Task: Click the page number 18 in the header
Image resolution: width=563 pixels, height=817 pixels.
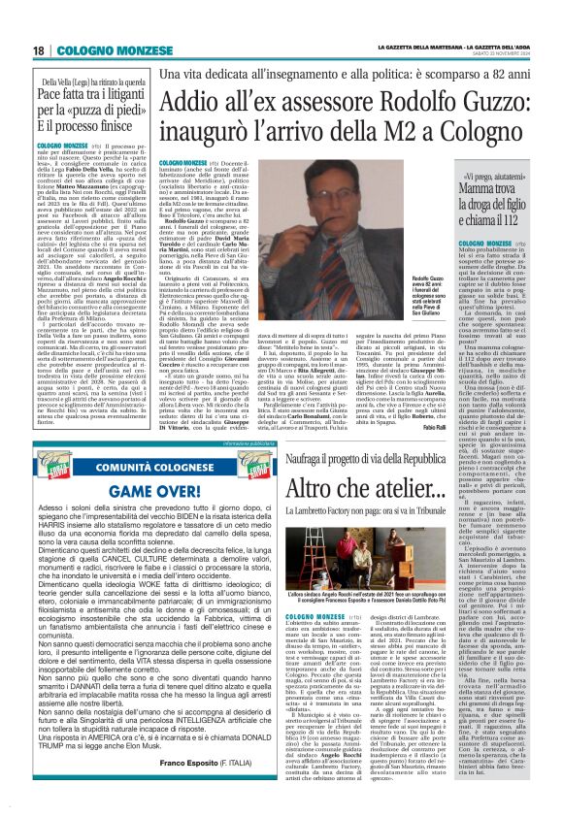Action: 40,50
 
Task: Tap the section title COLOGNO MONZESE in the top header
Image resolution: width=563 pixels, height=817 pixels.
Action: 100,50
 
